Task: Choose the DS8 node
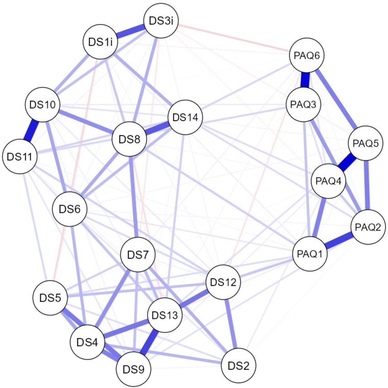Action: coord(129,140)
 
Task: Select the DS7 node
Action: coord(138,256)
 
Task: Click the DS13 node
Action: coord(165,316)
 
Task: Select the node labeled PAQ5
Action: coord(365,143)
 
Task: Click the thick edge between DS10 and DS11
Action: coord(30,130)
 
